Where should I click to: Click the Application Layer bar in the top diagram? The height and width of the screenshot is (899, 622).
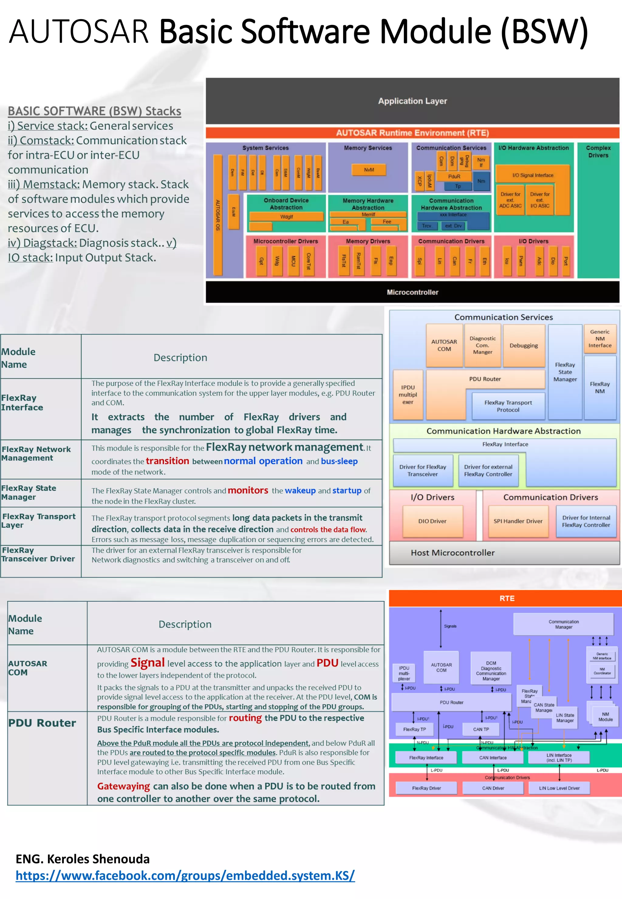tap(412, 101)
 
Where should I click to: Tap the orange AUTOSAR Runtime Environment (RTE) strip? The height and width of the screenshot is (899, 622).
tap(412, 133)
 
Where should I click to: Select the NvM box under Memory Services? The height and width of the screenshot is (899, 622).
tap(369, 170)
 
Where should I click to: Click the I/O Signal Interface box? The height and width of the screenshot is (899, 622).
tap(532, 175)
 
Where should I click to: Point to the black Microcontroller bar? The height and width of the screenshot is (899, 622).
tap(412, 292)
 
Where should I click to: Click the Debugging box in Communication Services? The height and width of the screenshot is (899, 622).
tap(523, 346)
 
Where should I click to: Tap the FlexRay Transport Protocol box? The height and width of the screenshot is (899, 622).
tap(508, 406)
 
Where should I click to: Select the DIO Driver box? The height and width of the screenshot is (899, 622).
tap(432, 521)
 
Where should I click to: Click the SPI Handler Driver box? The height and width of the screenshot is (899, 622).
tap(518, 521)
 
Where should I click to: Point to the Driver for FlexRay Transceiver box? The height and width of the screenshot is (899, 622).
tap(422, 471)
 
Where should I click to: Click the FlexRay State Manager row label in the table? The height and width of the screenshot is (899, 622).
tap(29, 492)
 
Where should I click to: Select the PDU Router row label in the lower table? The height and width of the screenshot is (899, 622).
tap(42, 723)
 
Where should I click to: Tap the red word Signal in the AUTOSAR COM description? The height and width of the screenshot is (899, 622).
tap(147, 662)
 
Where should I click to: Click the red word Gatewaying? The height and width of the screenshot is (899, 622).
tap(124, 786)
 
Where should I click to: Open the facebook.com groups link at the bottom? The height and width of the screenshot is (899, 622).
tap(185, 875)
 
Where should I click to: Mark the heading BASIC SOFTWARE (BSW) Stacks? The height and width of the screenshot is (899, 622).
tap(94, 111)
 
